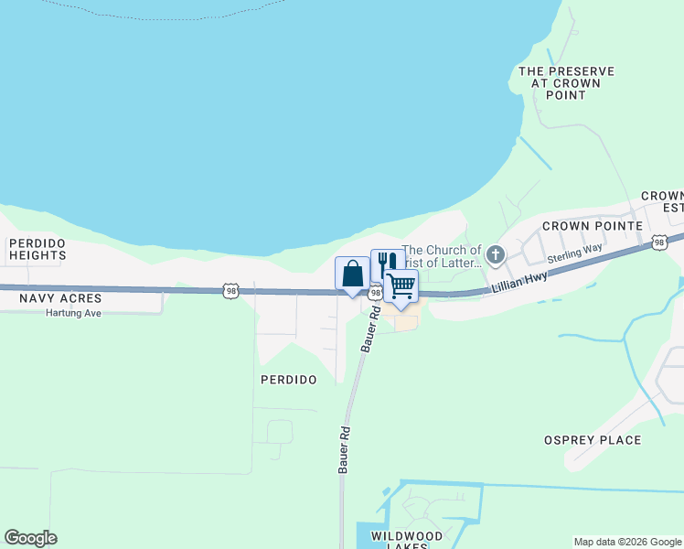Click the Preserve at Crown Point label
tap(566, 82)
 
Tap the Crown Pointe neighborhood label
tap(588, 225)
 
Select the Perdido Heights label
tap(37, 249)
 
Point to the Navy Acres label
tap(50, 298)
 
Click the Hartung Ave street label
tap(73, 313)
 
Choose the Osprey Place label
tap(593, 440)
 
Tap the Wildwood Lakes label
tap(407, 540)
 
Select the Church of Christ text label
tap(443, 256)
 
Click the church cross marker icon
tap(496, 254)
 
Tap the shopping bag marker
tap(353, 274)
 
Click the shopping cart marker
tap(401, 286)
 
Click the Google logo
tap(30, 538)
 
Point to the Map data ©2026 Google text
tap(627, 542)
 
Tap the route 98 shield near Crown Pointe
tap(659, 242)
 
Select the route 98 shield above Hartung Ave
tap(231, 290)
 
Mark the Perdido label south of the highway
tap(288, 379)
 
